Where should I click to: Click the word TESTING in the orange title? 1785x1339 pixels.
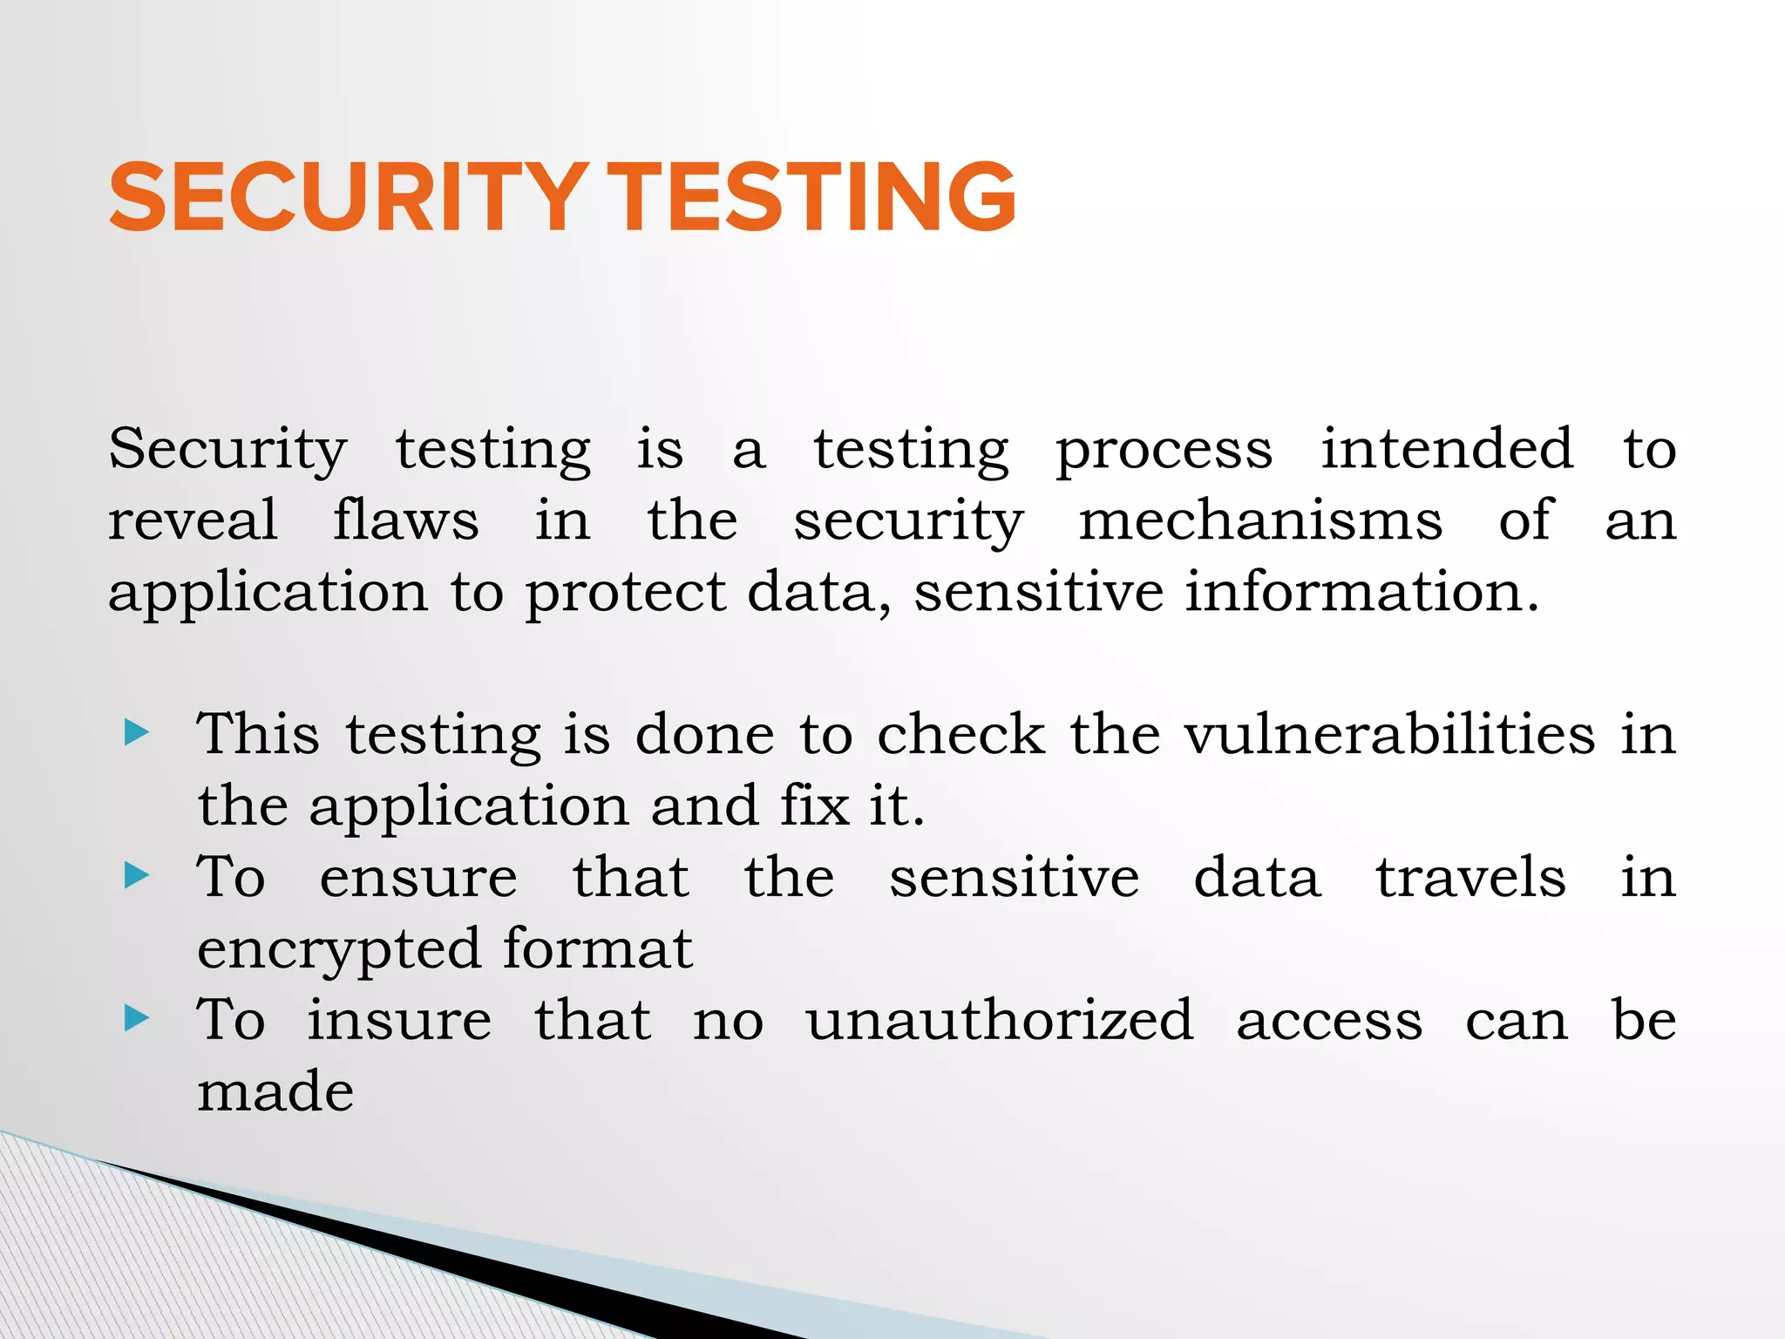click(x=811, y=198)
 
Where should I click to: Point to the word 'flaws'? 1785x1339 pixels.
click(x=405, y=520)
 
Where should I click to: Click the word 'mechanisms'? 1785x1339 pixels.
click(x=1260, y=520)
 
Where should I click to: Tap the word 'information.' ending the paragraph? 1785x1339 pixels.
click(x=1361, y=592)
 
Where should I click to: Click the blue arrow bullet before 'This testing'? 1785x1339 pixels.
click(x=138, y=732)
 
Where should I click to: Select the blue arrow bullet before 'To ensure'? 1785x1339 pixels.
click(x=138, y=875)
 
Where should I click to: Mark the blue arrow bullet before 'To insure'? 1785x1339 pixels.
click(x=138, y=1017)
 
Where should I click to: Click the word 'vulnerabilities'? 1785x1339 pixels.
click(x=1389, y=734)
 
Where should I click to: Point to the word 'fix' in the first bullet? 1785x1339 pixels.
click(x=815, y=805)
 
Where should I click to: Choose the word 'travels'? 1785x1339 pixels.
click(x=1470, y=877)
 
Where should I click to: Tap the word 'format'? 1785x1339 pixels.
click(x=597, y=948)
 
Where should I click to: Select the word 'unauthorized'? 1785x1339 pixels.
click(x=999, y=1019)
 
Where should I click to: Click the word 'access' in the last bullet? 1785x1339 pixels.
click(x=1329, y=1021)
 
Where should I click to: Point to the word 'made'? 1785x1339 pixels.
click(x=275, y=1091)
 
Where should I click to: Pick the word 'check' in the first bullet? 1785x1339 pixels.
click(x=960, y=734)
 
